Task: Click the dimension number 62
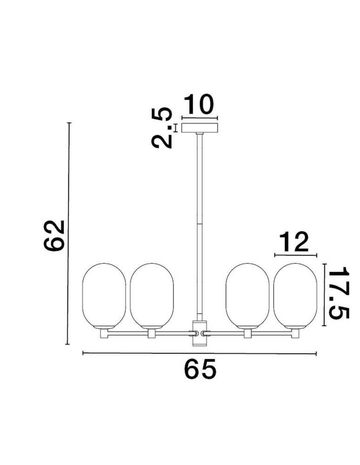click(54, 236)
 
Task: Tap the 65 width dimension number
click(200, 369)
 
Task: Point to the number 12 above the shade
click(294, 242)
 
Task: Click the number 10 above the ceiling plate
click(199, 104)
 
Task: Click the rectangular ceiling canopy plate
click(200, 128)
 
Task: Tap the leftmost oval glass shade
click(104, 296)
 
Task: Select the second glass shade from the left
click(152, 296)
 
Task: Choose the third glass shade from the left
click(247, 296)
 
